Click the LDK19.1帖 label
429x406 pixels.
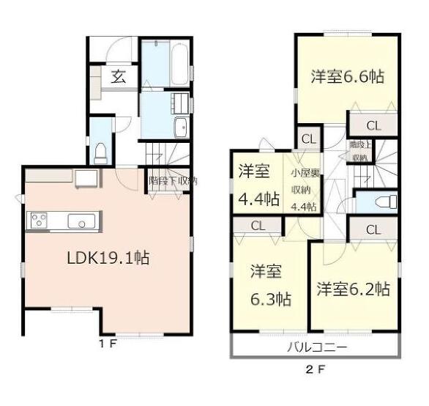(108, 258)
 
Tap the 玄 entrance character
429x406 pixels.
(118, 77)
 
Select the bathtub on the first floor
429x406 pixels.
(179, 64)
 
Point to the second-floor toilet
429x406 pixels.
(387, 202)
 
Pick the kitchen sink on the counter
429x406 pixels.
(81, 221)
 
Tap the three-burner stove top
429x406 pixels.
(39, 221)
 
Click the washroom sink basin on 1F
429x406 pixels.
(181, 128)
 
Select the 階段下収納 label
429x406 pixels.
(173, 181)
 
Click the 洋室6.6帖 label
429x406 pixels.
(348, 76)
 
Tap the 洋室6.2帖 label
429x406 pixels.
(353, 289)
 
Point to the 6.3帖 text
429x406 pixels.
(271, 299)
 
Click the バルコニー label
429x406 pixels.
(317, 347)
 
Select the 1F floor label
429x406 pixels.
(108, 344)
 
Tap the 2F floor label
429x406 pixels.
(316, 370)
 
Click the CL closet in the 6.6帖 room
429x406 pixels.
(373, 126)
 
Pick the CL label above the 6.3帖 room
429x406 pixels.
(258, 226)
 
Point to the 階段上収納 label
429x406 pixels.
(360, 151)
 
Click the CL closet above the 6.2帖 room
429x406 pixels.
(373, 229)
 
